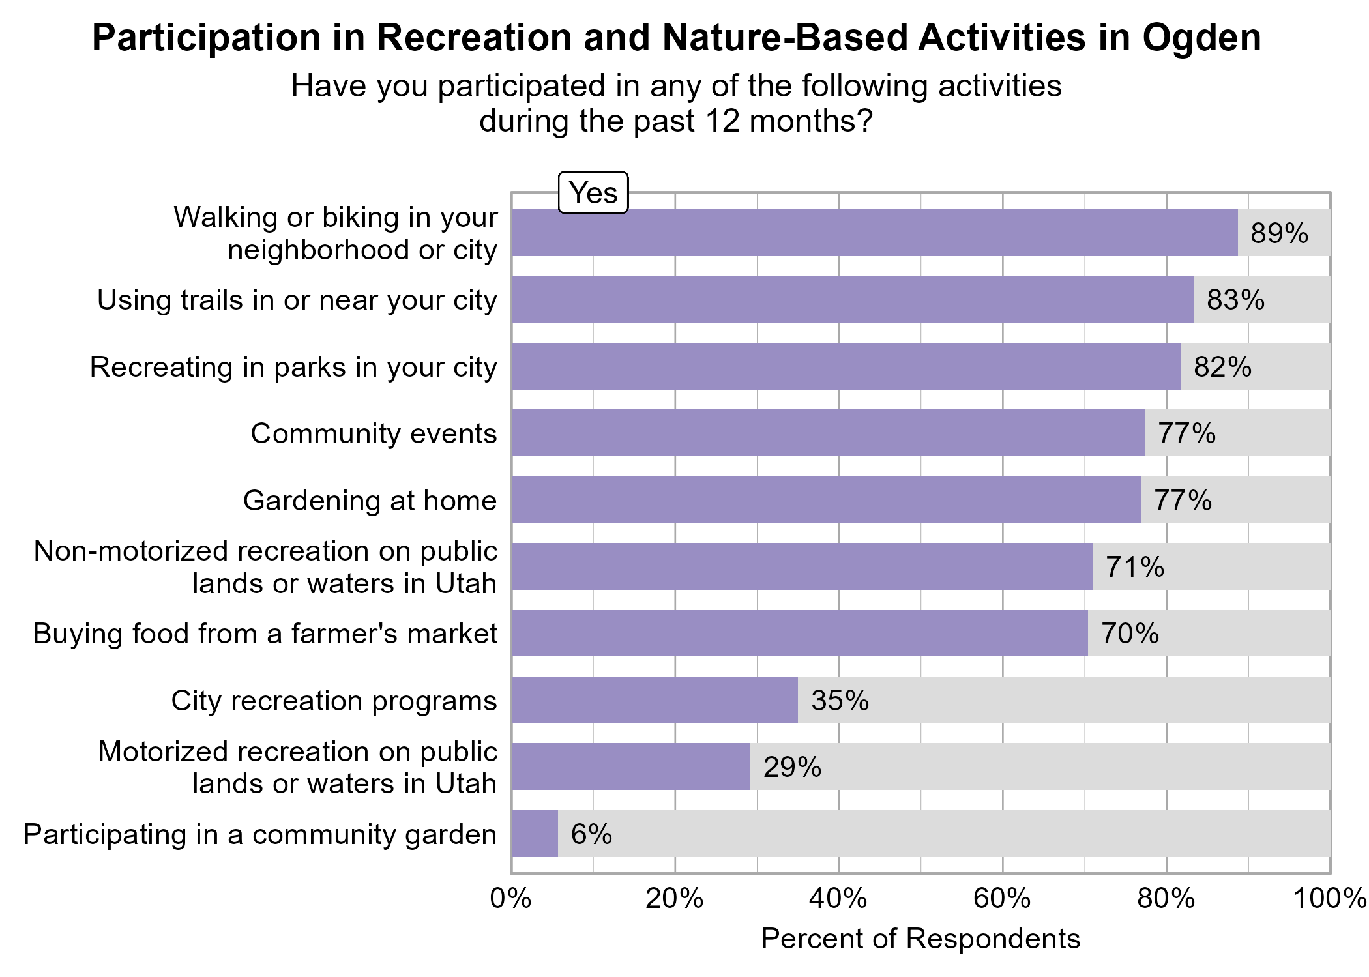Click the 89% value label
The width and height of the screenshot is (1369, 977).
1279,233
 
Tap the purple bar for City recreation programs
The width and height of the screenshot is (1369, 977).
655,700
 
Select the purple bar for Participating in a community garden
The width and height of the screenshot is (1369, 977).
535,834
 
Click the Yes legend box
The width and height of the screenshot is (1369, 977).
593,193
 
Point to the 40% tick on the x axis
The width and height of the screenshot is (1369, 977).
839,899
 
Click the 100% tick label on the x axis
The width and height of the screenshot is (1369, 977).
1330,899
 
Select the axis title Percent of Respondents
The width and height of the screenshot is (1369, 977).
920,939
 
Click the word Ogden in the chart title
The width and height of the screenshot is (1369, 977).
1201,38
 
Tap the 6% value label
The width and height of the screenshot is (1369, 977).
591,834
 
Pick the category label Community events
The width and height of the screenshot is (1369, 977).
374,433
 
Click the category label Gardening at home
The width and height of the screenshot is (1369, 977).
370,501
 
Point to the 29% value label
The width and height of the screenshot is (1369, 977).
792,767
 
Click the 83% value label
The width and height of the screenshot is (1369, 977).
1235,300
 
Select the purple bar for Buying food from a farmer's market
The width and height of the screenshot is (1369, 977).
799,633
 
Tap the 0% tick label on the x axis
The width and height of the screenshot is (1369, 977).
511,899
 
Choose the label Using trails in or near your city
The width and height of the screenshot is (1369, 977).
297,300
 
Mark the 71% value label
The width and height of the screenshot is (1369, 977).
1135,567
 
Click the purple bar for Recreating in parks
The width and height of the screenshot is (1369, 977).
846,366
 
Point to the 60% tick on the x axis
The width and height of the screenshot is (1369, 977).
1003,899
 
